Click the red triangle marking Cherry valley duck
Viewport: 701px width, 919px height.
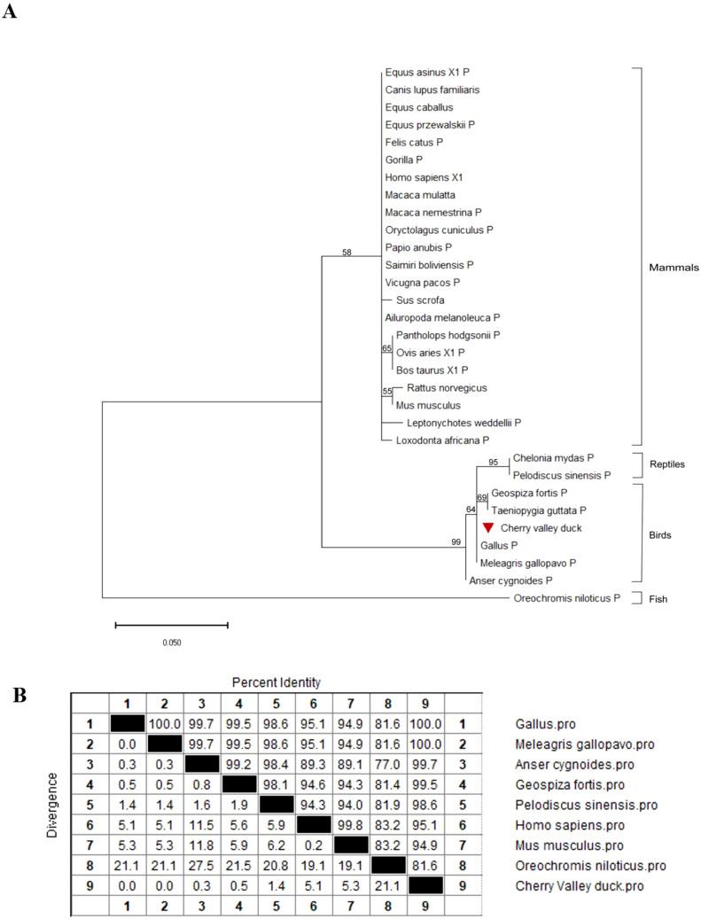click(487, 527)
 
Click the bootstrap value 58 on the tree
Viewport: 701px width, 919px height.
click(347, 253)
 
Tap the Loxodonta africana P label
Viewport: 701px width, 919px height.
click(437, 439)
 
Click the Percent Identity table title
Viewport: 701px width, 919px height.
click(277, 682)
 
